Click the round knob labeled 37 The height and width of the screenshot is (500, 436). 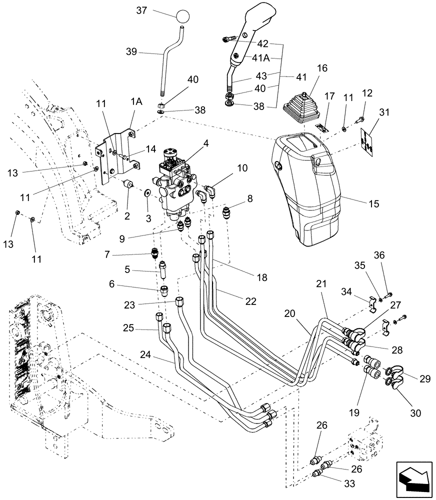[x=183, y=16]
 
